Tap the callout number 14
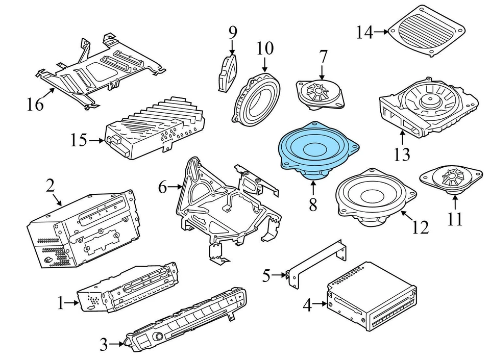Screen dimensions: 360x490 (364, 33)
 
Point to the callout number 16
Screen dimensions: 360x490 (35, 106)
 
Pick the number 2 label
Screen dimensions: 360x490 (50, 186)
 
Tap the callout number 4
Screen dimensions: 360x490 (307, 305)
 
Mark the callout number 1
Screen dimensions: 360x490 (61, 304)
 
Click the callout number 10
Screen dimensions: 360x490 (265, 49)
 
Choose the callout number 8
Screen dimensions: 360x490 (312, 205)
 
